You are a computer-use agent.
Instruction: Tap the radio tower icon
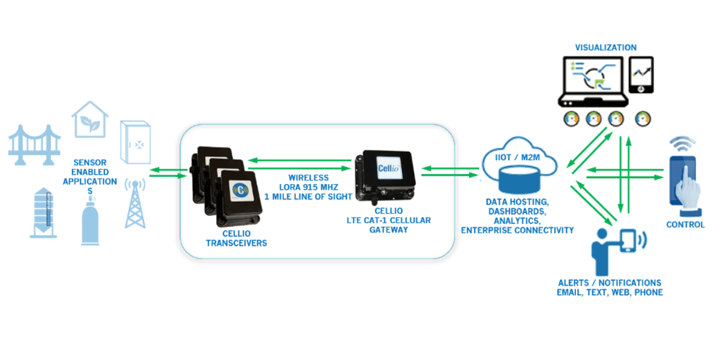click(x=134, y=204)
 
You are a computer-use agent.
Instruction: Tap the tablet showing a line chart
click(x=640, y=76)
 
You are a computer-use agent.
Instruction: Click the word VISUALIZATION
click(x=605, y=47)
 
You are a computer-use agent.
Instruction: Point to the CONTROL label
click(x=685, y=225)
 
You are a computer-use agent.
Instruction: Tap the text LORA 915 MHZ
click(x=308, y=187)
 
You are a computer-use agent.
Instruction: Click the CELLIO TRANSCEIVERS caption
click(x=231, y=238)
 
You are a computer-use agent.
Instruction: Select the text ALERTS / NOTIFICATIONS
click(x=609, y=283)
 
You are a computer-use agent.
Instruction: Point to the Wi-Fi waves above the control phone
click(x=680, y=144)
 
